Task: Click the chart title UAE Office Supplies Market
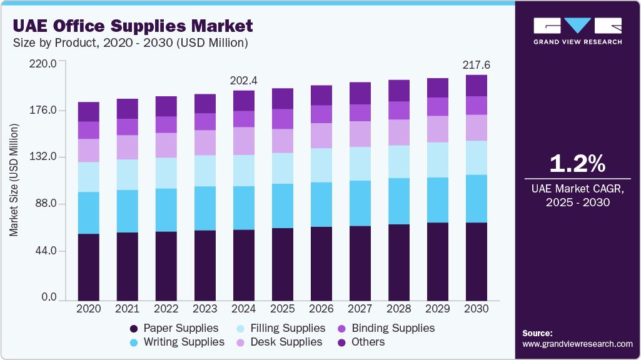pos(133,26)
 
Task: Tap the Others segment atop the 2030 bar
pos(477,86)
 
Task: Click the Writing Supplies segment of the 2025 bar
pos(283,206)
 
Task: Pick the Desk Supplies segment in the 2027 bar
pos(360,134)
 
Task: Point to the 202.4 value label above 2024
pos(244,81)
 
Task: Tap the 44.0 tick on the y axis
pos(44,251)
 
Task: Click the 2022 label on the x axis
pos(166,309)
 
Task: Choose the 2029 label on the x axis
pos(438,309)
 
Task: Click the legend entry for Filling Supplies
pos(288,328)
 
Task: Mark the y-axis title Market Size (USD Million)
pos(14,180)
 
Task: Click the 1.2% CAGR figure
pos(577,164)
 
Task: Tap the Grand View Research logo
pos(577,31)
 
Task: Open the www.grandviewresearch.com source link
pos(577,344)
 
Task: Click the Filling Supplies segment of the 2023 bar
pos(205,171)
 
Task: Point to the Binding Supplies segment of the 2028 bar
pos(399,110)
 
